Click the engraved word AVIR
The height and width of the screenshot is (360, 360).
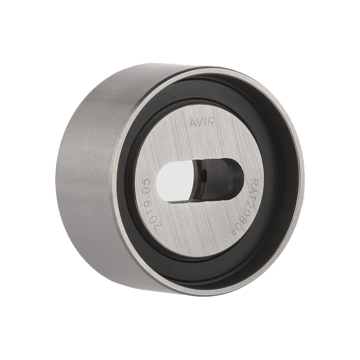[x=202, y=123]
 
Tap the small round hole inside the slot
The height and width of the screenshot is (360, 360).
[x=203, y=176]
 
